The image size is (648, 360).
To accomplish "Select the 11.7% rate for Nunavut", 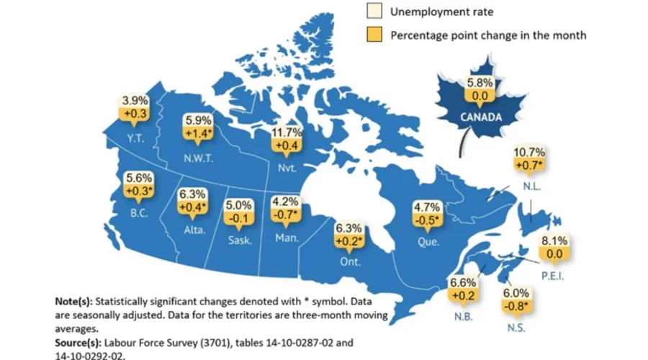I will point(287,132).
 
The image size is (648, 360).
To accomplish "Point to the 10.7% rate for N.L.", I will point(529,153).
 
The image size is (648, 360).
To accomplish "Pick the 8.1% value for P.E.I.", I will point(555,241).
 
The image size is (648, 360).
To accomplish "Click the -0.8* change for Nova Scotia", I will point(517,307).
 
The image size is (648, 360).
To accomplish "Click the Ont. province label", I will point(351,261).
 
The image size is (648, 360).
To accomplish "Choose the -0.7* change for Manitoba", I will point(286,215).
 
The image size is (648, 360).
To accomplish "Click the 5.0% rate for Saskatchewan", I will point(240,205).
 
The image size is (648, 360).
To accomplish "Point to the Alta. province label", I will point(194,230).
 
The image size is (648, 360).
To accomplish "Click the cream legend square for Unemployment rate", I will point(374,12).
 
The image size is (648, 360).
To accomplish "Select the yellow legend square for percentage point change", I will point(374,35).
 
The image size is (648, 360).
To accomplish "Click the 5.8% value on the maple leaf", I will point(480,82).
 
